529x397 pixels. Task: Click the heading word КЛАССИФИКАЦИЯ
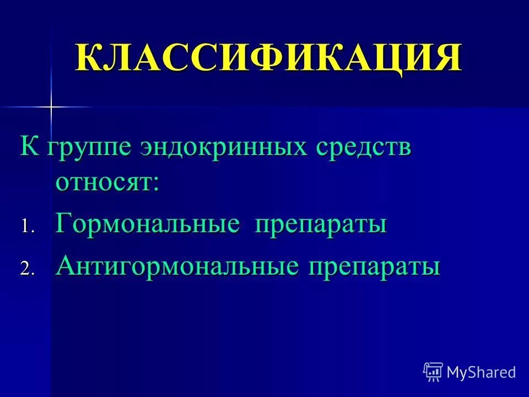click(x=268, y=56)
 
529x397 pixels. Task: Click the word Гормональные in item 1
click(x=148, y=226)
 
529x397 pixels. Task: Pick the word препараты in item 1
click(x=320, y=226)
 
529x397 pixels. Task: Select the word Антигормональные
click(x=177, y=267)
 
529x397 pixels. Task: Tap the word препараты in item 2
click(x=374, y=268)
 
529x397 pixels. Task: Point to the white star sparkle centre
click(x=51, y=106)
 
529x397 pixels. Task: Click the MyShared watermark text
click(x=481, y=372)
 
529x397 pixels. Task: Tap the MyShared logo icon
click(x=433, y=372)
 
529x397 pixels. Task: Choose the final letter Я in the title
click(x=446, y=56)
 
